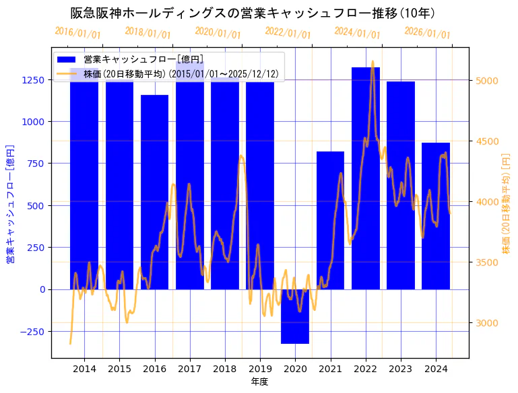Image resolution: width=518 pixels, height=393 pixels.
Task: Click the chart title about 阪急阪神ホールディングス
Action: [x=253, y=13]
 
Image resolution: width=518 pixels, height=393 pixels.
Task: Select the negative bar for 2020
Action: [x=295, y=316]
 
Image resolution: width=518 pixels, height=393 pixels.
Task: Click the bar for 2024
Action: [x=436, y=216]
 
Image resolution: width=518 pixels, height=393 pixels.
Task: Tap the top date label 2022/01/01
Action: [x=288, y=33]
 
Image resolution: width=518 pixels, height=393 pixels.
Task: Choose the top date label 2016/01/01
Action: [x=77, y=32]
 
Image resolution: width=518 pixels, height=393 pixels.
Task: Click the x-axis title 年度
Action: [x=259, y=382]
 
